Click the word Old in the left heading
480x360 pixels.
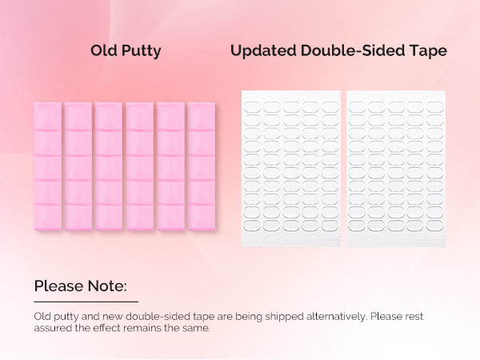tap(104, 50)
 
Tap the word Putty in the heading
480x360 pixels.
tap(141, 51)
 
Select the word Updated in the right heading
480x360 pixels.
tap(263, 51)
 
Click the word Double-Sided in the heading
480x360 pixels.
tap(353, 50)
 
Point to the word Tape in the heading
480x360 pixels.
tap(428, 51)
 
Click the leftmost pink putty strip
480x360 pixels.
tap(48, 166)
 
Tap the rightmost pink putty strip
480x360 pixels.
tap(202, 166)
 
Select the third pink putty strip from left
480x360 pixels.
tap(109, 166)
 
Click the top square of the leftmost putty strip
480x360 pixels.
tap(48, 116)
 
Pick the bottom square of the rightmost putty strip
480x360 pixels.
tap(202, 218)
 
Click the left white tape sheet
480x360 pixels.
tap(291, 168)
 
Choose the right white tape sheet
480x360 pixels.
tap(396, 168)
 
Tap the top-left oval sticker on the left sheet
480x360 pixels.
tap(252, 107)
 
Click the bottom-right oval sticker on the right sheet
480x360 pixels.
tap(435, 226)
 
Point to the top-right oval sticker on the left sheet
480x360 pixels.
tap(330, 107)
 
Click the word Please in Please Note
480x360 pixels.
tap(58, 286)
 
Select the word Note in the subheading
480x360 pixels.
tap(106, 286)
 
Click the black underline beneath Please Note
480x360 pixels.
tap(86, 302)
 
